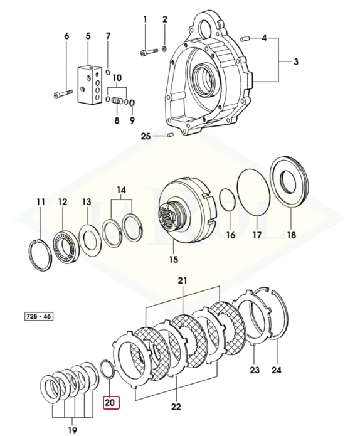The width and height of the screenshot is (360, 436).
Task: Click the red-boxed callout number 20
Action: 111,402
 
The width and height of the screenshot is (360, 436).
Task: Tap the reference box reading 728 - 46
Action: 39,316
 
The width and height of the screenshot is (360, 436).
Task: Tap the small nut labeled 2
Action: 165,49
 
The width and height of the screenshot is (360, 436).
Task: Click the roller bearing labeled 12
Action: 66,247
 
